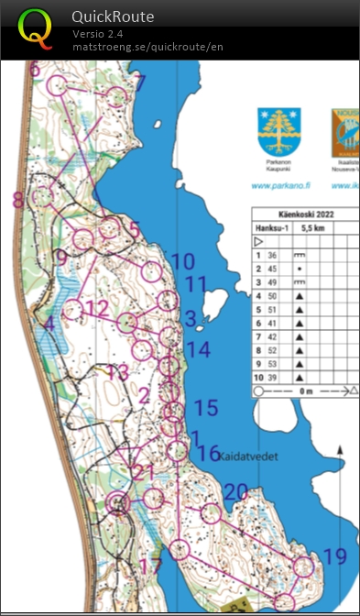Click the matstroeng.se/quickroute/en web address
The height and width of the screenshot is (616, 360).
[147, 47]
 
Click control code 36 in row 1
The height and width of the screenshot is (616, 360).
[272, 255]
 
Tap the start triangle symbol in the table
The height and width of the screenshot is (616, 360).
[258, 241]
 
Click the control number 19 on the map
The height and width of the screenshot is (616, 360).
[334, 556]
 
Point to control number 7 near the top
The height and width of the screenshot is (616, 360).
[140, 83]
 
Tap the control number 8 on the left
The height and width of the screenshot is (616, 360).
[17, 200]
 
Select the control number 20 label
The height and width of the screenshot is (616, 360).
[235, 493]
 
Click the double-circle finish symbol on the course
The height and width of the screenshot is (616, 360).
[117, 501]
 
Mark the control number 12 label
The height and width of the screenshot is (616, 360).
[96, 307]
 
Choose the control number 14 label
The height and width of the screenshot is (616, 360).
[198, 349]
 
